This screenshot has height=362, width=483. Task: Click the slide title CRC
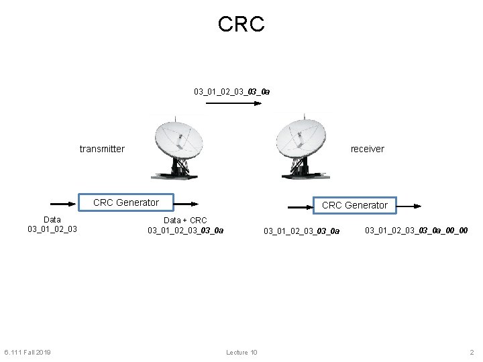click(x=241, y=25)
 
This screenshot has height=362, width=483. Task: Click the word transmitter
click(x=102, y=149)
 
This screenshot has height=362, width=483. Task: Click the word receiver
click(x=368, y=149)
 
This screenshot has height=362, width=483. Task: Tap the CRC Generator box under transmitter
click(x=126, y=202)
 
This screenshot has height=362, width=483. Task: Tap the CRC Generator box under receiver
click(x=355, y=205)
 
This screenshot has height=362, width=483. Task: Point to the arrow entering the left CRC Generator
click(x=65, y=203)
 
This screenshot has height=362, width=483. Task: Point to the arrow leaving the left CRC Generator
click(x=186, y=203)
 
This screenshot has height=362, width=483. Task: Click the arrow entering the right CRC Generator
click(x=301, y=206)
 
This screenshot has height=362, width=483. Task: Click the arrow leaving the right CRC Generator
click(x=409, y=206)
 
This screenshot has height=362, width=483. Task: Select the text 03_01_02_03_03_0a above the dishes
click(x=232, y=90)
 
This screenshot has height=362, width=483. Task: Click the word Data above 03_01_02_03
click(x=52, y=219)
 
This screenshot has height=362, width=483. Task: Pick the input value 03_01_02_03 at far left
click(x=52, y=229)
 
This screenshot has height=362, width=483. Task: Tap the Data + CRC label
click(x=186, y=220)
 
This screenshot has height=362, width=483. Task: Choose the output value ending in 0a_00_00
click(x=416, y=231)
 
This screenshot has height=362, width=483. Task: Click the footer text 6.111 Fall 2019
click(x=28, y=352)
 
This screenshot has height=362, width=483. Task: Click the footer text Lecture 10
click(x=241, y=352)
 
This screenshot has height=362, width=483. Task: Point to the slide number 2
click(x=472, y=352)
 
